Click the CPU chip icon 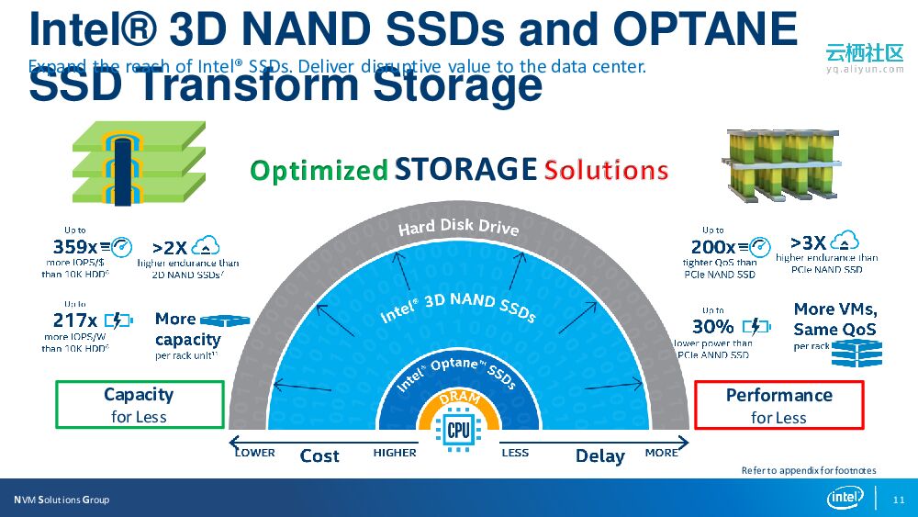tap(458, 430)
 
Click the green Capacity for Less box tap(140, 405)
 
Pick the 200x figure tap(712, 247)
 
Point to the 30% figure tap(712, 326)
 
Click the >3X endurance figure tap(808, 242)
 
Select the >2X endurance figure tap(169, 247)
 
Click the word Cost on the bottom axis tap(319, 455)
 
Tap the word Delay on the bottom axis tap(599, 455)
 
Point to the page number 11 tap(898, 500)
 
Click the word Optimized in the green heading tap(319, 171)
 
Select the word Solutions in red tap(606, 170)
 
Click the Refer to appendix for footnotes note tap(809, 470)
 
